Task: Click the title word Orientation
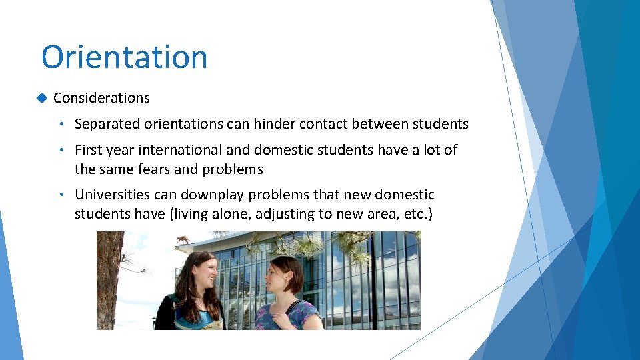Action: click(x=124, y=57)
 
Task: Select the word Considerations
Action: click(x=101, y=98)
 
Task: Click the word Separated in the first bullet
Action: click(x=105, y=124)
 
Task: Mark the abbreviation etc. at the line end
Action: click(x=413, y=214)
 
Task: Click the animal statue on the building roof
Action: click(x=182, y=239)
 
